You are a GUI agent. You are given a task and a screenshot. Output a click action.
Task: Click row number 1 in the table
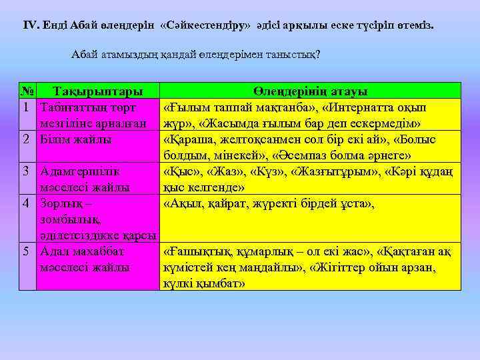25,107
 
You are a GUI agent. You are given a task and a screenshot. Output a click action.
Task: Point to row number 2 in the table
25,139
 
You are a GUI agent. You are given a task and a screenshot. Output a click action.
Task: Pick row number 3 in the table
25,171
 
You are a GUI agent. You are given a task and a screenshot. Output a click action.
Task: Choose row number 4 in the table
25,203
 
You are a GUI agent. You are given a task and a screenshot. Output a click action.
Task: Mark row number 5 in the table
25,252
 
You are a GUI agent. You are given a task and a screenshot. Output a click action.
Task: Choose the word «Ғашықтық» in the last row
195,252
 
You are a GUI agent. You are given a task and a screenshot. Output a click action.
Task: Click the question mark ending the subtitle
318,54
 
